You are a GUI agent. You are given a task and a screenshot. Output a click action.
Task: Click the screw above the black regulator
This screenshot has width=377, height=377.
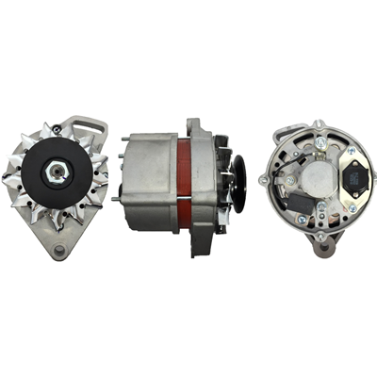351,149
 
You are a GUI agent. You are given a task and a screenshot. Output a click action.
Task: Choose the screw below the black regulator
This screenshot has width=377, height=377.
351,206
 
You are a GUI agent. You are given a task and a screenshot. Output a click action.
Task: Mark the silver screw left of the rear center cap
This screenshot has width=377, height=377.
289,179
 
